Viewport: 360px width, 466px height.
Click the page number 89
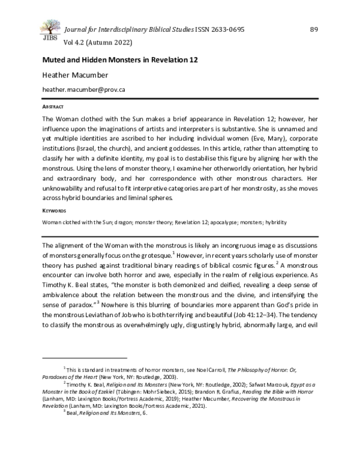coord(314,30)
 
